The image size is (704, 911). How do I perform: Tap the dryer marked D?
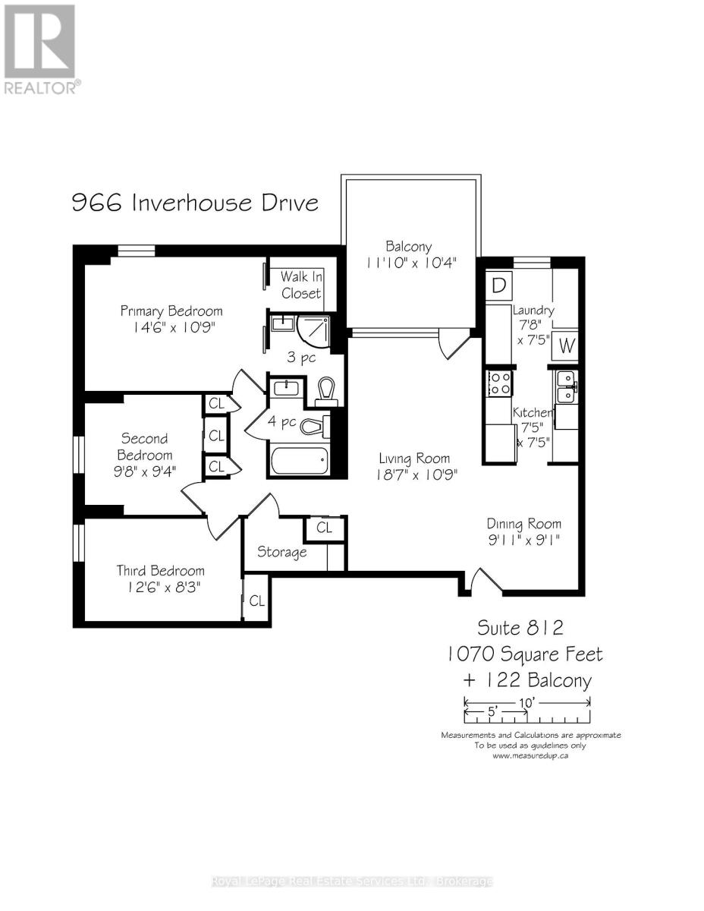point(498,285)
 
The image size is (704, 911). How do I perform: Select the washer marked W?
point(566,346)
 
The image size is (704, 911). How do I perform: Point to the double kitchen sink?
point(565,386)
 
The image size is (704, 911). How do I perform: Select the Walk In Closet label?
point(301,285)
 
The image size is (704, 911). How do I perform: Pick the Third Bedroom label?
point(160,570)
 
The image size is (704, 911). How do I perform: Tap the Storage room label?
point(281,552)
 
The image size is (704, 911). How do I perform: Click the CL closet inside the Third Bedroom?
point(256,601)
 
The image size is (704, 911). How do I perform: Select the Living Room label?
point(414,458)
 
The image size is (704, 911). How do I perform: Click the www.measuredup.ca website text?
point(530,755)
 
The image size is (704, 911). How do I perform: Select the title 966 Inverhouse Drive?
point(195,203)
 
